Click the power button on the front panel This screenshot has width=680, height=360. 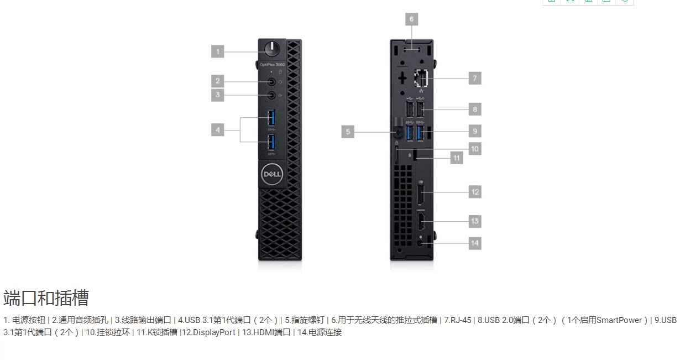[x=272, y=50]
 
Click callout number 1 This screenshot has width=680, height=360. [x=218, y=51]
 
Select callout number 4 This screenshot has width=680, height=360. [x=218, y=130]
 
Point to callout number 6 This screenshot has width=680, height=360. [x=411, y=19]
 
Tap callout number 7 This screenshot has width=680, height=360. [x=474, y=78]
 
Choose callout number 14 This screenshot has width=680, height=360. [x=474, y=243]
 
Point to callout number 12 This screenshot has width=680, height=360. [x=474, y=192]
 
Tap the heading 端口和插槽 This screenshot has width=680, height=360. [x=46, y=298]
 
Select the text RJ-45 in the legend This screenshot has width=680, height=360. [x=460, y=320]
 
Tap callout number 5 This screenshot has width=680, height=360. [x=348, y=132]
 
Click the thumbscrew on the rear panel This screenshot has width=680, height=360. [x=397, y=132]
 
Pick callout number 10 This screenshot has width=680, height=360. [x=474, y=148]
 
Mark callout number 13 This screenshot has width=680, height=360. [x=474, y=221]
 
